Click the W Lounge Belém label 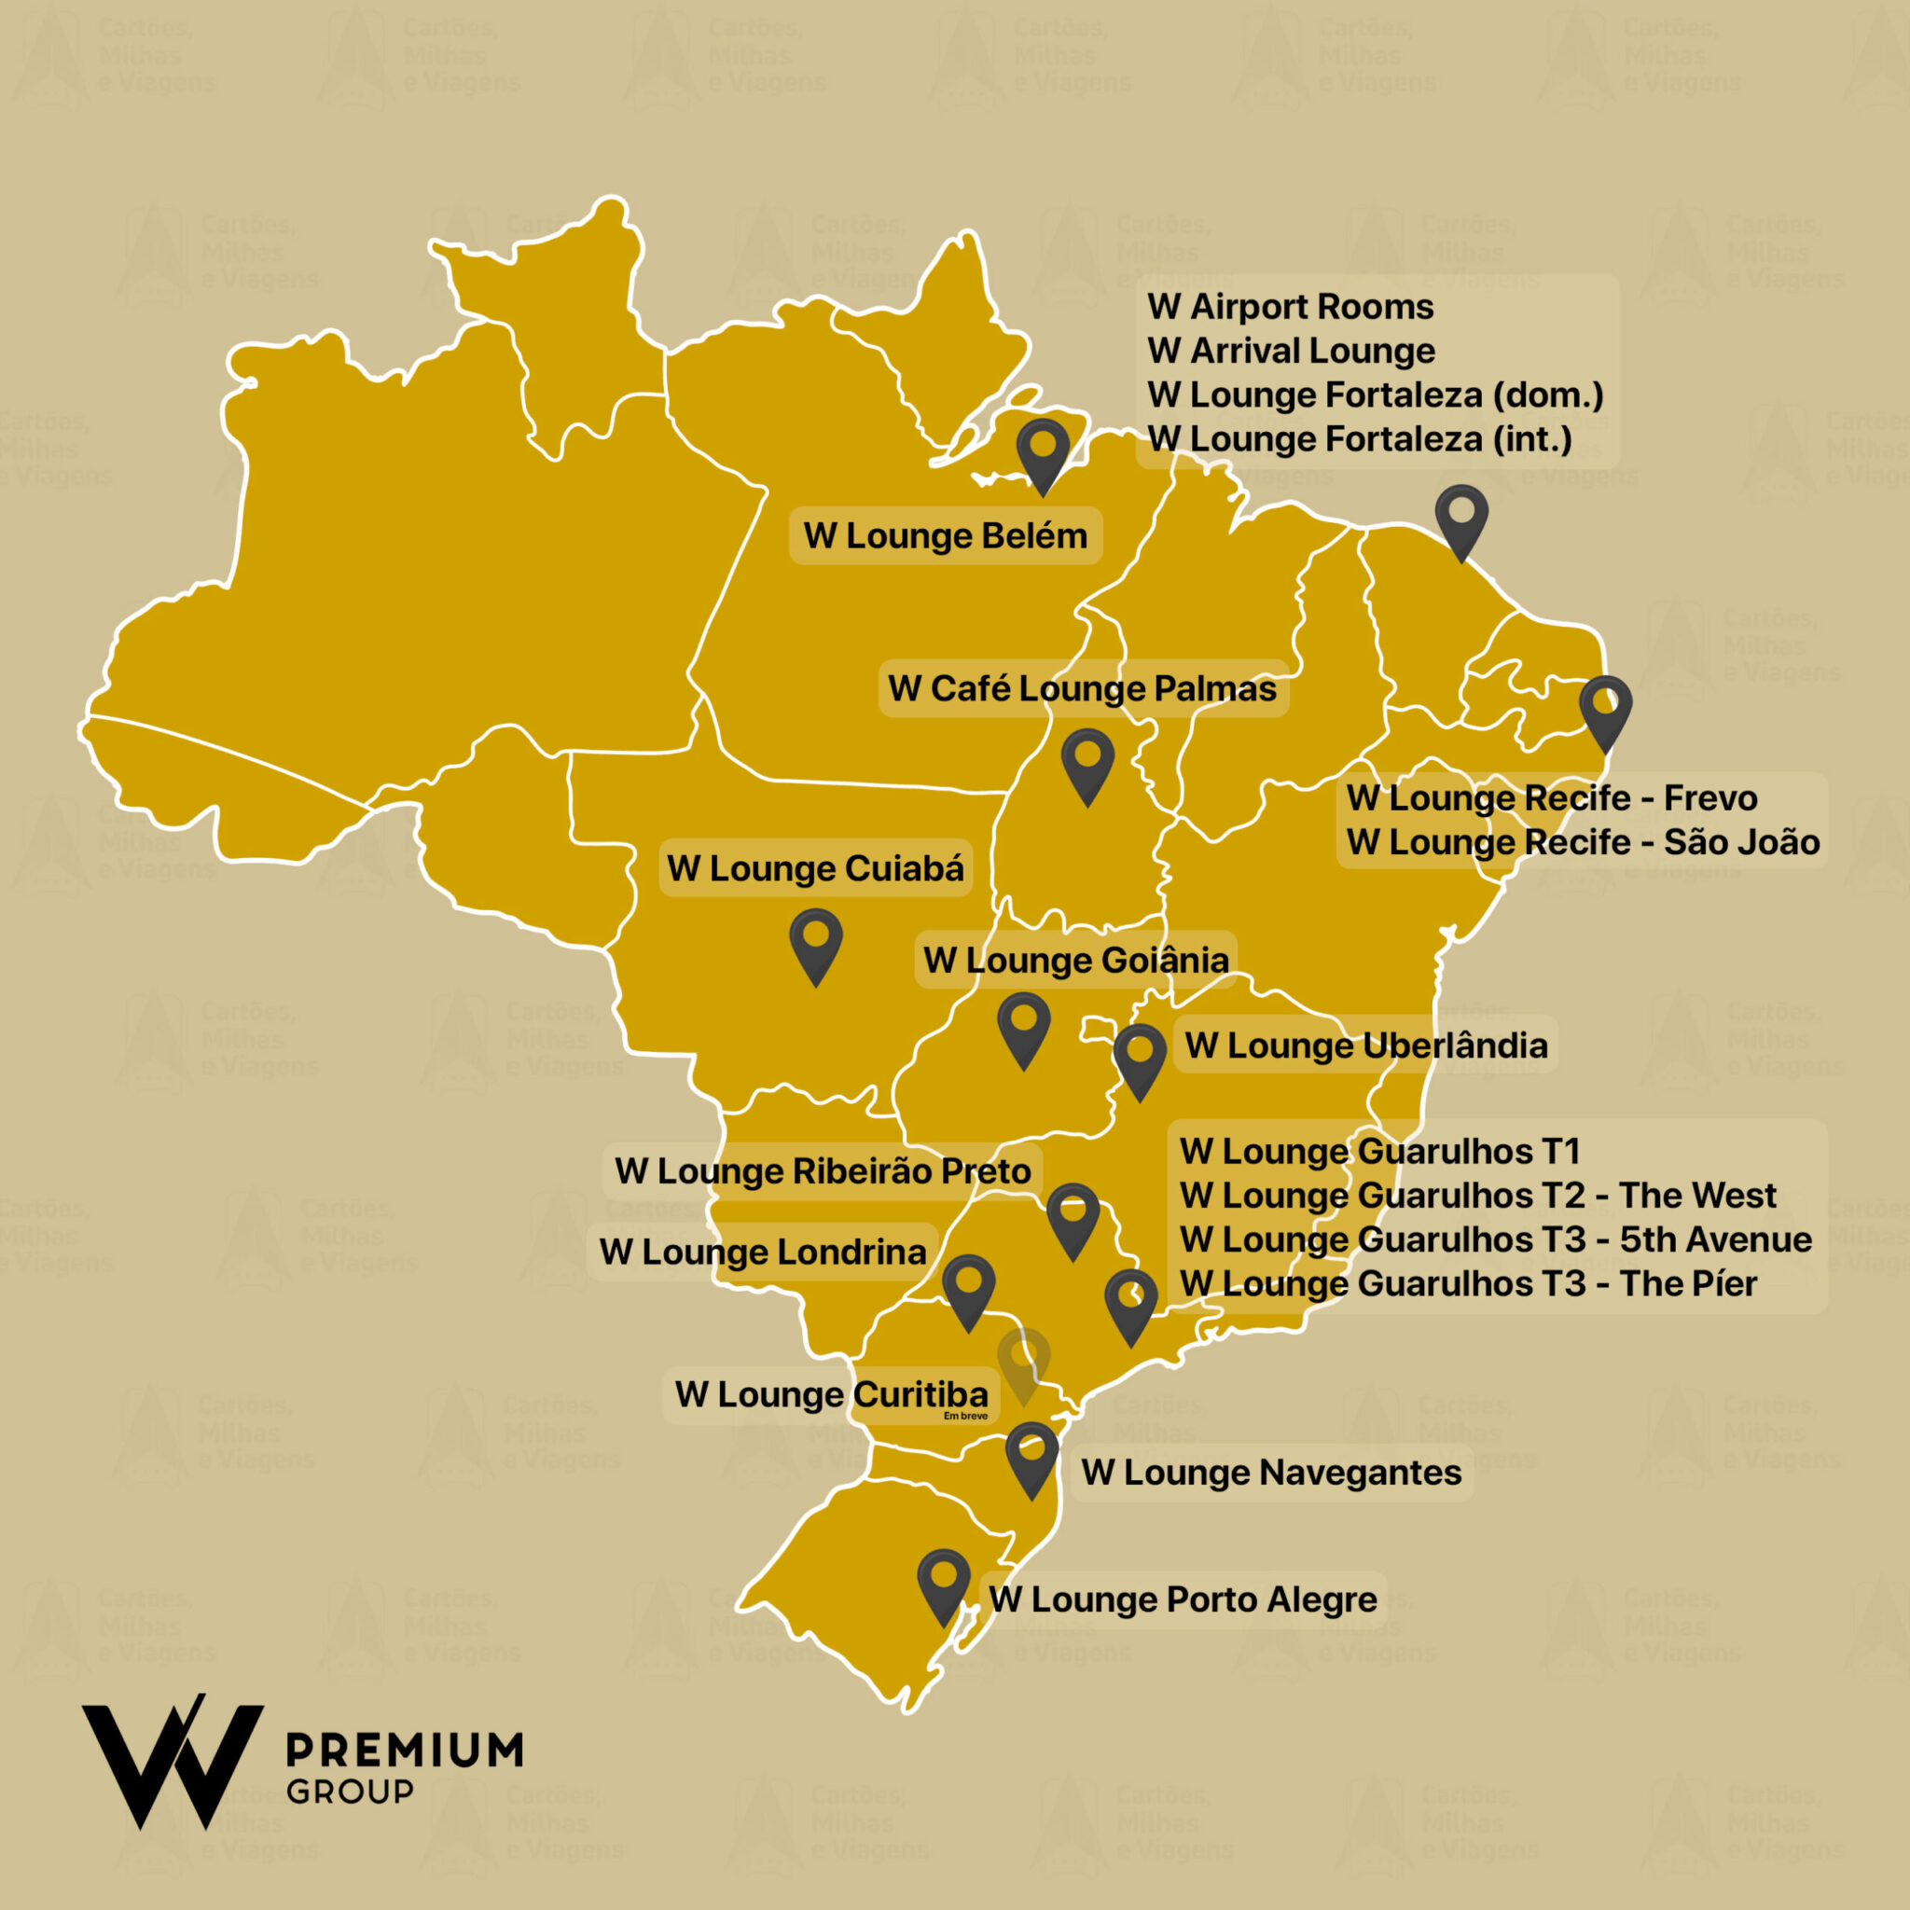click(945, 536)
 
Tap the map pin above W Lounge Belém click(1043, 450)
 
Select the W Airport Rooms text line click(1290, 307)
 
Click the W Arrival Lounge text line click(1291, 351)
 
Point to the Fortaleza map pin click(1461, 517)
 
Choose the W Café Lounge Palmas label click(1083, 688)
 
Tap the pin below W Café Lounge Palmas click(1087, 761)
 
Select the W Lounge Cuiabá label click(816, 868)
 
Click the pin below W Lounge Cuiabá click(816, 941)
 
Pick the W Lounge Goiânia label click(1075, 959)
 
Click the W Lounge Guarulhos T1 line click(1380, 1151)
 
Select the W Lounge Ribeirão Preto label click(823, 1171)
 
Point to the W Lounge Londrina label click(762, 1253)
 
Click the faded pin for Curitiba click(1023, 1362)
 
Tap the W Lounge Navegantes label click(1271, 1472)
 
